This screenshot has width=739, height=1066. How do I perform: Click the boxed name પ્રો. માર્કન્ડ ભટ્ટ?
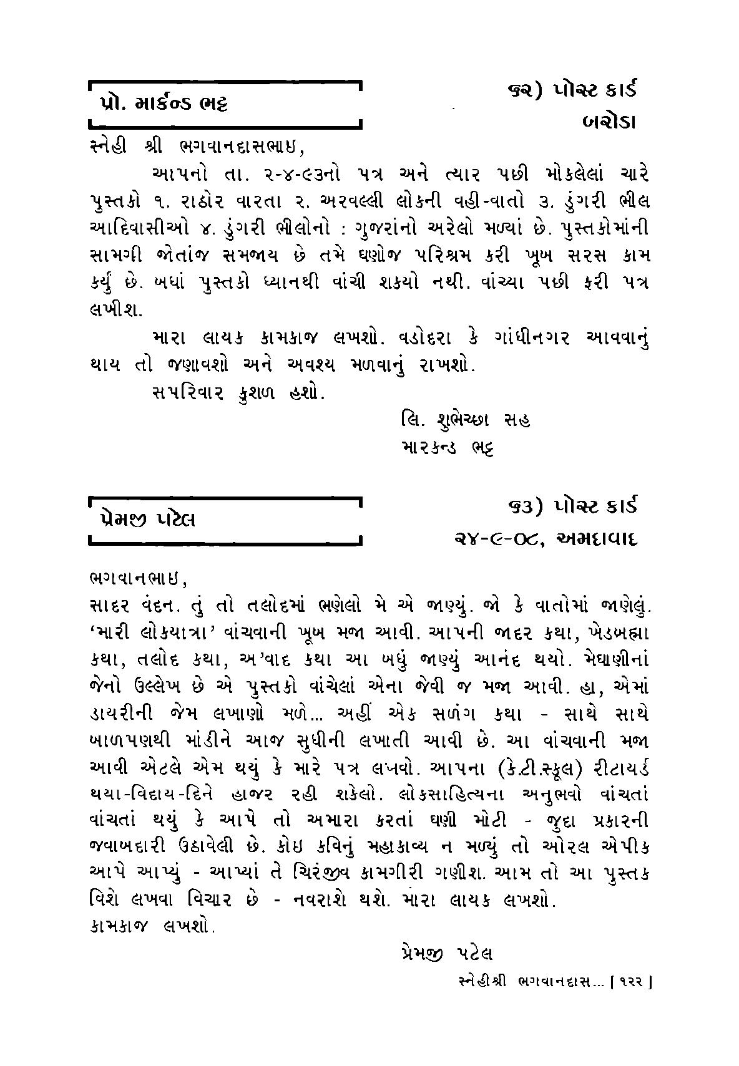pos(163,103)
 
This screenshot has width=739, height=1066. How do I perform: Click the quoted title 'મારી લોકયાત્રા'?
pos(159,633)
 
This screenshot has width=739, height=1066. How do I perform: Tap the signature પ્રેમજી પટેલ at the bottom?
pos(444,954)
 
